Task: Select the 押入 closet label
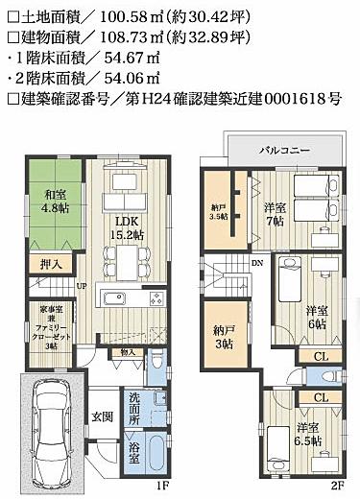pyautogui.click(x=53, y=263)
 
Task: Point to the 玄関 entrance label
pyautogui.click(x=103, y=416)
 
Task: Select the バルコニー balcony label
pyautogui.click(x=284, y=151)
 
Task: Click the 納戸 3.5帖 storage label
pyautogui.click(x=219, y=212)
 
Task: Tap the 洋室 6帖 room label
pyautogui.click(x=318, y=318)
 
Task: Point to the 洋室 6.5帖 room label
pyautogui.click(x=308, y=433)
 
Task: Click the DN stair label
pyautogui.click(x=256, y=260)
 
